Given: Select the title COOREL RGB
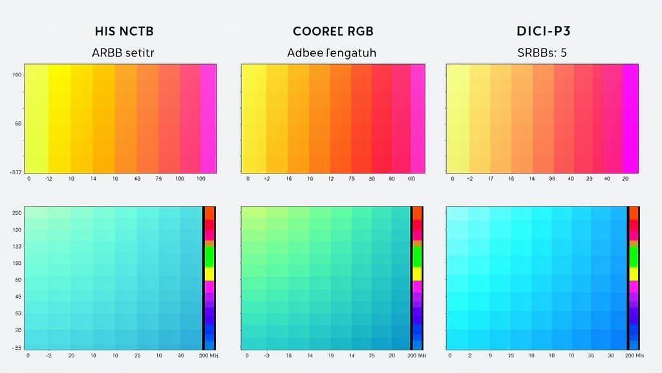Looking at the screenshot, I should (333, 31).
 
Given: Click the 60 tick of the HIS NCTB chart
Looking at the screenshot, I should (18, 123).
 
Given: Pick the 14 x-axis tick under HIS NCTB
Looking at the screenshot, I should (93, 178).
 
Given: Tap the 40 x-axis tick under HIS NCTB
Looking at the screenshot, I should (137, 178).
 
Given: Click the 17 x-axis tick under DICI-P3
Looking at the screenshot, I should (491, 178).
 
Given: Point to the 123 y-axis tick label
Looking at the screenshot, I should (17, 247).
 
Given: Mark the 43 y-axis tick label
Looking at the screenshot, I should (18, 297).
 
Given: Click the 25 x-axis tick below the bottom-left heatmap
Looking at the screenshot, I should (138, 356).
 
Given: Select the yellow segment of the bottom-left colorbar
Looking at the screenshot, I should (209, 273).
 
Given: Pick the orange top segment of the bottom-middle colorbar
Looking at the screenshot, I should (417, 213).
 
